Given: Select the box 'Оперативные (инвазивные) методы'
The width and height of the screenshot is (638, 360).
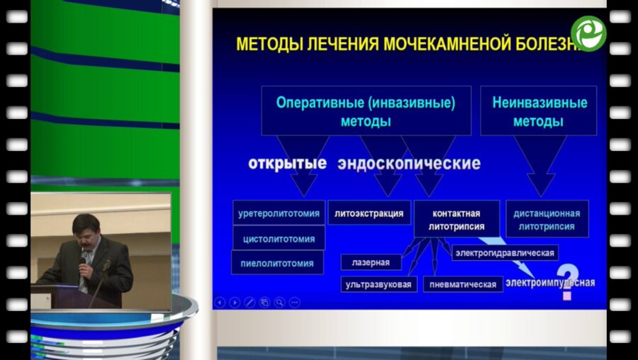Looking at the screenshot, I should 366,111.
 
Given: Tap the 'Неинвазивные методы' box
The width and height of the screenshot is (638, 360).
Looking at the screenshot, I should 539,111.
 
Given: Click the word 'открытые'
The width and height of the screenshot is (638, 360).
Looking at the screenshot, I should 287,164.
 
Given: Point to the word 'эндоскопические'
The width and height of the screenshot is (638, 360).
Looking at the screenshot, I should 409,164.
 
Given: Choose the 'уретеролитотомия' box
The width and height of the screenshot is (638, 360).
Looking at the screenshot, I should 279,213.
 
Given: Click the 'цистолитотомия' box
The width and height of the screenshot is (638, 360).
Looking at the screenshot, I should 279,237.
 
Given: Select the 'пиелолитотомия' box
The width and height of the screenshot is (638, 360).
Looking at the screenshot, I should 277,262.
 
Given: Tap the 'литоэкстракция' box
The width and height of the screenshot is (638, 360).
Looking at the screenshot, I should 369,213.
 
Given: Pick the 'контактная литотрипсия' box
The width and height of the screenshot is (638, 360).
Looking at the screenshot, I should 456,220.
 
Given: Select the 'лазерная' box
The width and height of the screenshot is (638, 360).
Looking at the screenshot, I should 371,262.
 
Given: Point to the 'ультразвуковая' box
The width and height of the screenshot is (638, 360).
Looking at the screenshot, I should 378,284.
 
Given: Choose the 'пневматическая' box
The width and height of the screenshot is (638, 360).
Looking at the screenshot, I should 463,284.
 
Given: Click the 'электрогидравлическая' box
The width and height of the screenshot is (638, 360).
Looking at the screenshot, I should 505,252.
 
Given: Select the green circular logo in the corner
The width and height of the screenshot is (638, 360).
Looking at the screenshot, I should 588,33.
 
